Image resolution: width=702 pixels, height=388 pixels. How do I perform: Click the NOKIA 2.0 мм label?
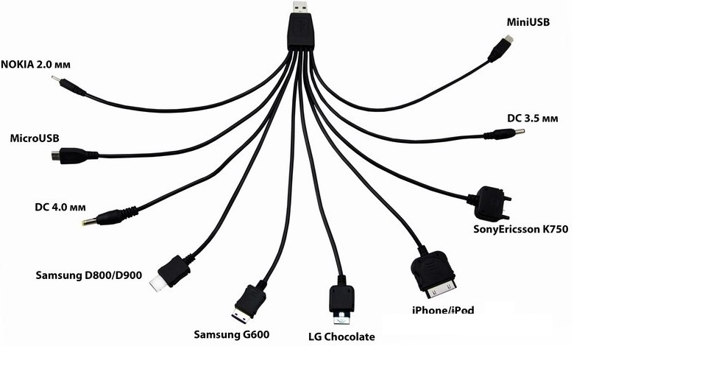(35, 64)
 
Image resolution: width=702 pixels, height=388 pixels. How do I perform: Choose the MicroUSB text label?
(35, 138)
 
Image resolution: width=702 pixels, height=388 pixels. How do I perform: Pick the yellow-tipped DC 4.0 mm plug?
(102, 219)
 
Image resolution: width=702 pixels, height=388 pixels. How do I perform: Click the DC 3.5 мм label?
(533, 118)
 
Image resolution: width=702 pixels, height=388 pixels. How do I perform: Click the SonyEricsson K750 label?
(520, 229)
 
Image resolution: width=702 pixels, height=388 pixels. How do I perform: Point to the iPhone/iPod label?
(443, 310)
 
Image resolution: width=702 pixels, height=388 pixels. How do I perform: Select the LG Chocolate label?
(341, 336)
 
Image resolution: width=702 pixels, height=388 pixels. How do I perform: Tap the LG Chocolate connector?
(341, 303)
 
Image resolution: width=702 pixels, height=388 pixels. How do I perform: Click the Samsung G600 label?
(231, 334)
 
